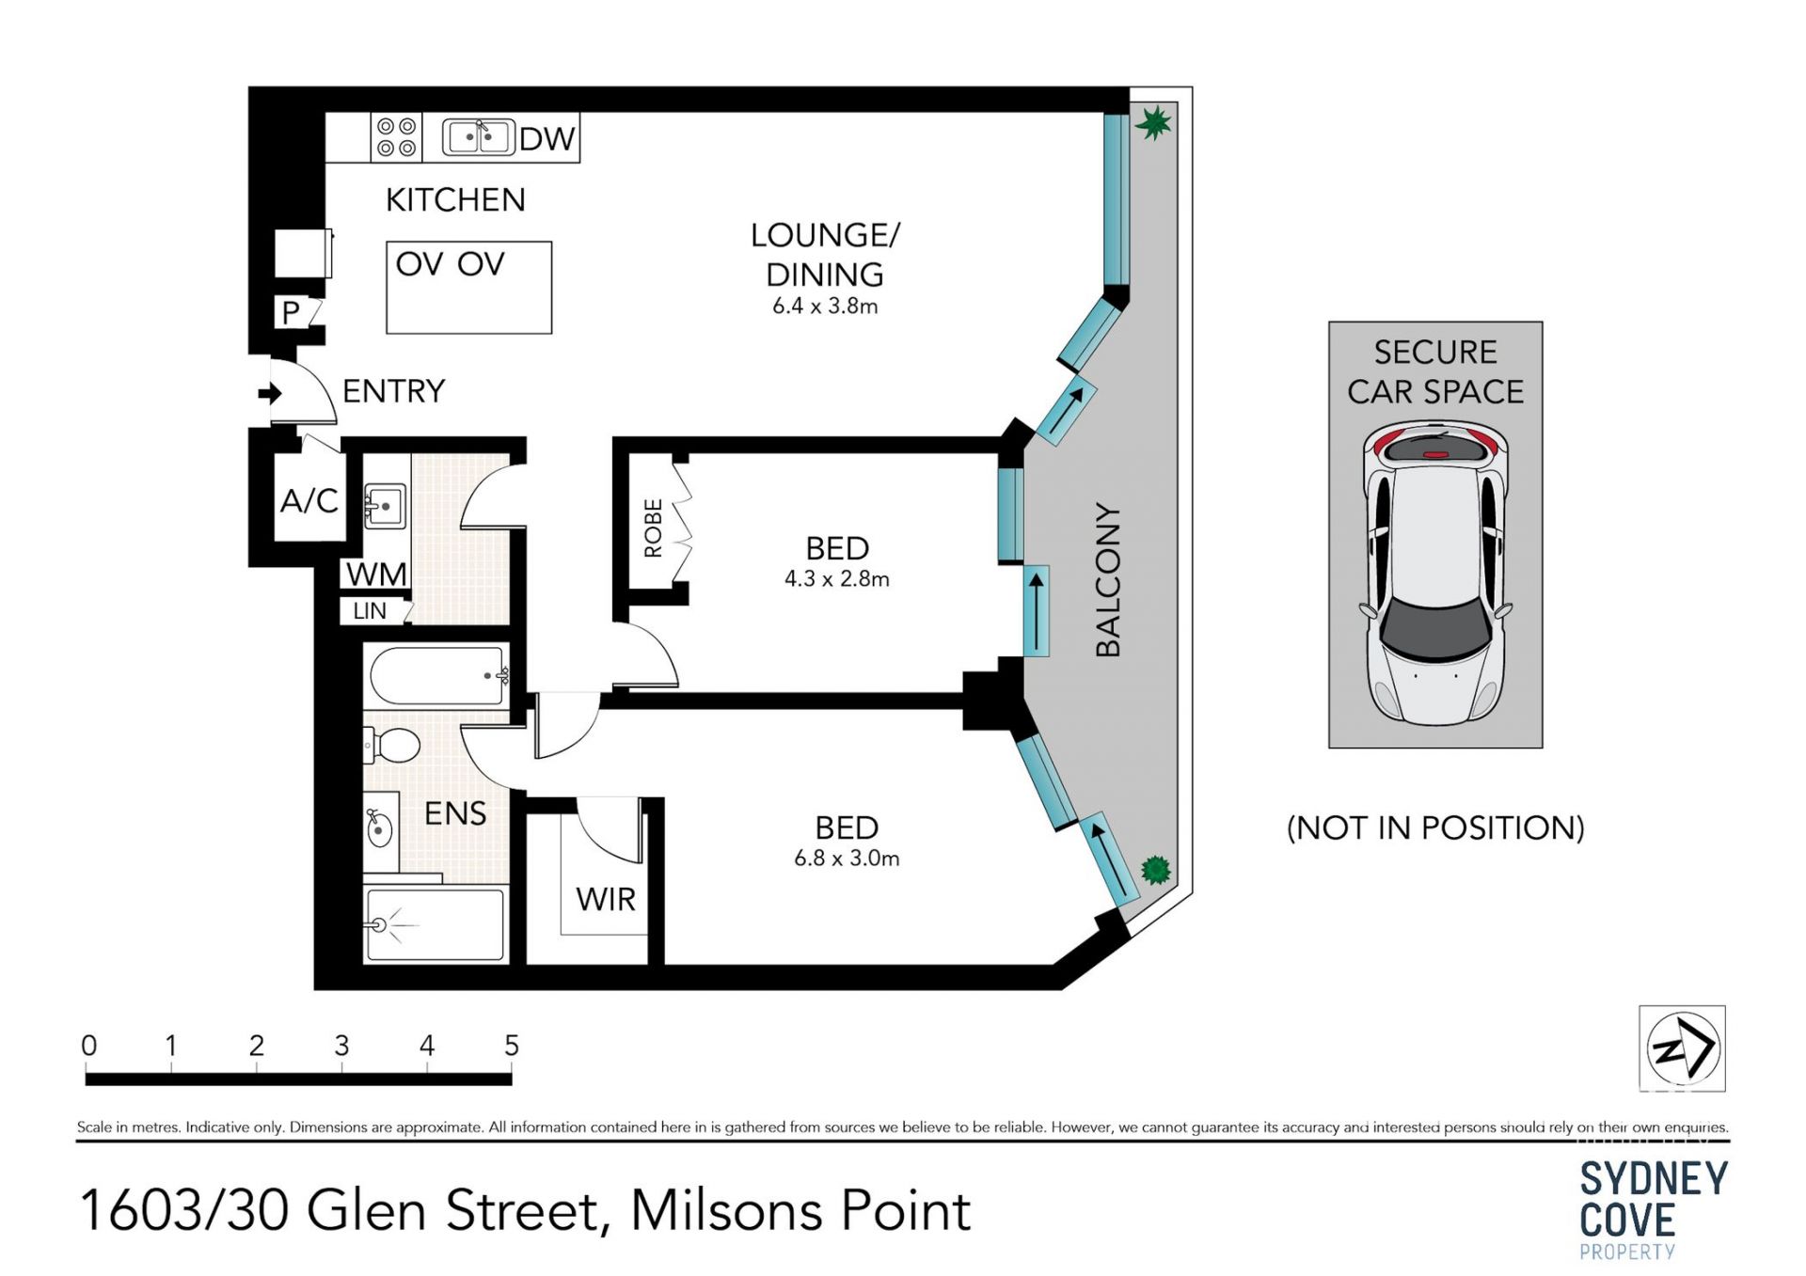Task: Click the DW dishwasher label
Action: [x=547, y=138]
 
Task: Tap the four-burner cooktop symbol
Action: [x=396, y=136]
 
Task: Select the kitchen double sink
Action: [x=478, y=137]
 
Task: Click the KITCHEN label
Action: [x=455, y=199]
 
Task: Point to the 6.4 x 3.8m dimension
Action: [x=825, y=306]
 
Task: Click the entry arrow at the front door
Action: [x=270, y=393]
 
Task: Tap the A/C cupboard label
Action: [x=309, y=500]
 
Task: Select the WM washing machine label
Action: [x=376, y=574]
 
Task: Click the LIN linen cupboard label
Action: [x=370, y=611]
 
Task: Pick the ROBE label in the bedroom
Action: [x=653, y=528]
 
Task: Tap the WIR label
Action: [x=606, y=900]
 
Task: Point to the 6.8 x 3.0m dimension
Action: [x=847, y=858]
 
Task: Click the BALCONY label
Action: [x=1108, y=579]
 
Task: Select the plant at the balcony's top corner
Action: [x=1153, y=122]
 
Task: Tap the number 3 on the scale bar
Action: [x=341, y=1045]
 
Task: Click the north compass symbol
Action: [x=1683, y=1048]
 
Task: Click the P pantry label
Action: [x=291, y=312]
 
